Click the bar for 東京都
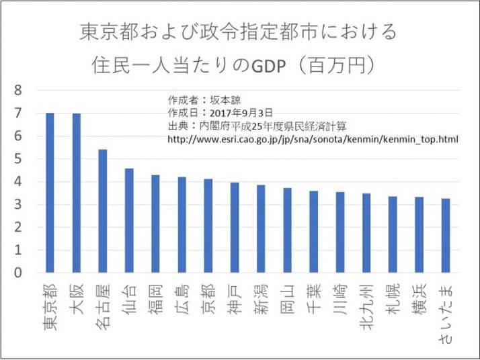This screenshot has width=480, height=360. (50, 193)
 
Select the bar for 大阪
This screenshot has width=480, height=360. (76, 193)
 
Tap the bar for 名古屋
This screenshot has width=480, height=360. (103, 211)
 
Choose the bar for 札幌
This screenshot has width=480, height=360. (393, 234)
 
